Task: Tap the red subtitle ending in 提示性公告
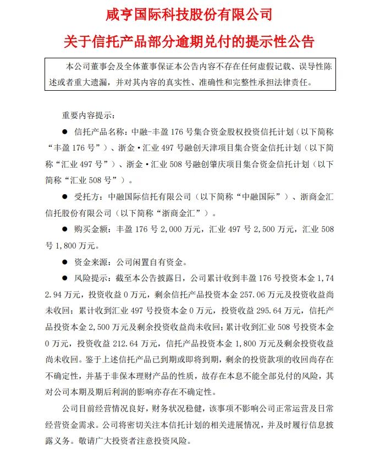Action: point(190,42)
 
